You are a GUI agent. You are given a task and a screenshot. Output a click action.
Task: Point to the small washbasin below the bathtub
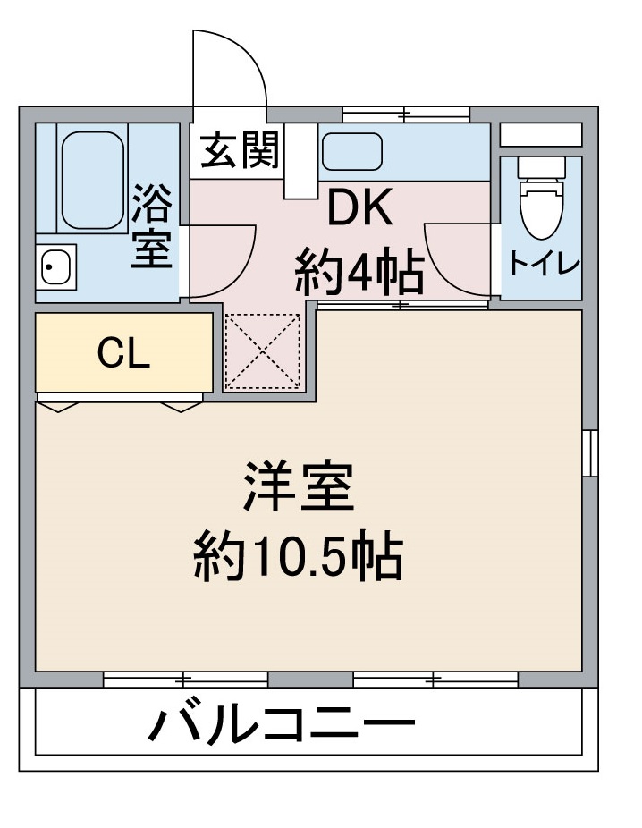click(56, 266)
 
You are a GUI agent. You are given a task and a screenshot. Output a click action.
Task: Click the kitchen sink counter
click(352, 151)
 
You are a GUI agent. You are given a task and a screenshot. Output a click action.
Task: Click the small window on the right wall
click(590, 452)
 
